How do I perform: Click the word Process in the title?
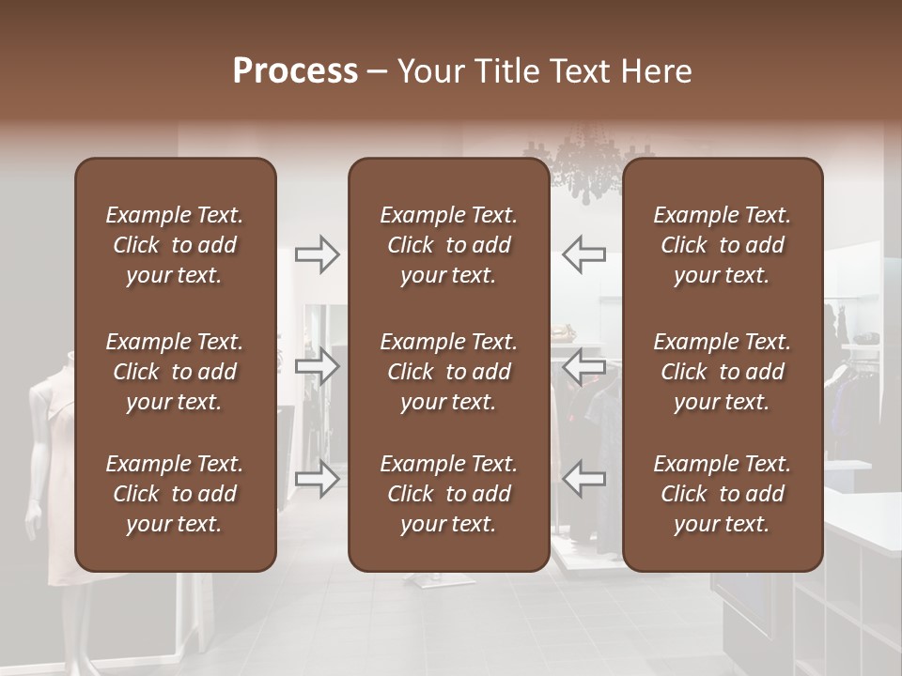click(x=295, y=71)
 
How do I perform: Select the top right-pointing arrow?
click(x=318, y=254)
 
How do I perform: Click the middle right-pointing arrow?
click(x=318, y=366)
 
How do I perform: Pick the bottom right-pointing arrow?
click(x=318, y=478)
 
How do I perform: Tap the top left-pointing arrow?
click(x=583, y=254)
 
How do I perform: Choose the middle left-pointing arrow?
click(x=583, y=366)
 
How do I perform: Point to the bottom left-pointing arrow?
click(x=583, y=478)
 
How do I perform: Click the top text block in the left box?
click(x=175, y=245)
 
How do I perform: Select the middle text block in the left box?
click(x=175, y=372)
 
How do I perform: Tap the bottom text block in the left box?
click(x=175, y=494)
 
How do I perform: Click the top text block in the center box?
click(x=448, y=245)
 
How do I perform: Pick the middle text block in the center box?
click(x=448, y=372)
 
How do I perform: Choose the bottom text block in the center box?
click(x=448, y=494)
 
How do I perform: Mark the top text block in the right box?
click(x=723, y=245)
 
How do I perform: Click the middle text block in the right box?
click(x=723, y=372)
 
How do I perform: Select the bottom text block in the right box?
click(x=723, y=494)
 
